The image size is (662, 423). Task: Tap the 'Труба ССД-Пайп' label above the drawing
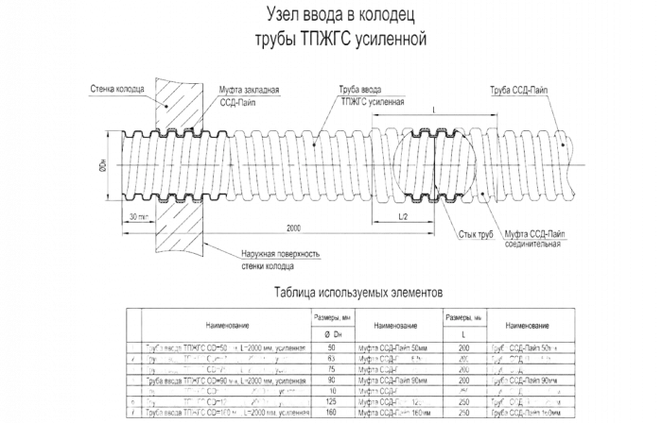[518, 90]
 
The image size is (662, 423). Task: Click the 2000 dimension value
[296, 229]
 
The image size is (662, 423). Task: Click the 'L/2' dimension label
[403, 216]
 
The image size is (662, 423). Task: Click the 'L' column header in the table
[463, 333]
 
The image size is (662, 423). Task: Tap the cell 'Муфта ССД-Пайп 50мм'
[396, 348]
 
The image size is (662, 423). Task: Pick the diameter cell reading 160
[332, 413]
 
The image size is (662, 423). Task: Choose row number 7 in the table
[131, 413]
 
